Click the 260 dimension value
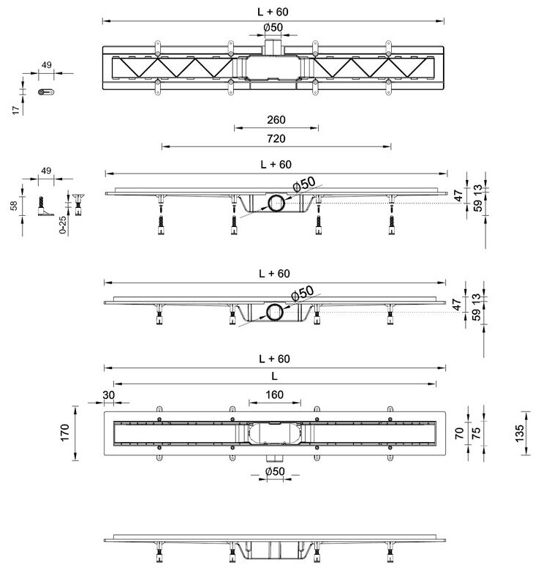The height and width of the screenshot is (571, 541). [x=276, y=121]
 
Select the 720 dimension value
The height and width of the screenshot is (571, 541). [x=276, y=138]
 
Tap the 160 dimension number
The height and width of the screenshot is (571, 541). [x=275, y=395]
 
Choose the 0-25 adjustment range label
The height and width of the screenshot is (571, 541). [x=65, y=224]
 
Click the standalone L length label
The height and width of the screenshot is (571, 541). [x=275, y=376]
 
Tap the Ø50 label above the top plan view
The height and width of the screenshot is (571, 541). [x=273, y=29]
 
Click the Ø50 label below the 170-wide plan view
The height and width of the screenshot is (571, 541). [x=274, y=472]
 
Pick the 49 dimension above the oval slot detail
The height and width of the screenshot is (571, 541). [x=46, y=64]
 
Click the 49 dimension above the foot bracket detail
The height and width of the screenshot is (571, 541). [x=46, y=171]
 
